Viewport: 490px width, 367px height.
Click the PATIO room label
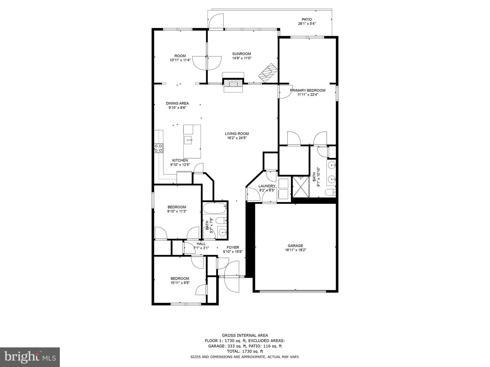click(x=307, y=19)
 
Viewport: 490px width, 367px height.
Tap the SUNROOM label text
click(x=242, y=54)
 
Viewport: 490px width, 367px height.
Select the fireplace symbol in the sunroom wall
click(x=233, y=83)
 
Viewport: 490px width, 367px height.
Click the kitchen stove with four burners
click(x=158, y=147)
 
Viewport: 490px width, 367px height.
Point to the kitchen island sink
click(x=188, y=139)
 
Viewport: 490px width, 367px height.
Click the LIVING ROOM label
click(x=237, y=134)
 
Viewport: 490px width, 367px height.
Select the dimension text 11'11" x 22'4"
click(x=308, y=95)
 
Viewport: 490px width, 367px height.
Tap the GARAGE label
click(x=295, y=246)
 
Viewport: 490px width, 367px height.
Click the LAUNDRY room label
click(x=267, y=186)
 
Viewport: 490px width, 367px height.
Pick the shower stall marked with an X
click(x=300, y=187)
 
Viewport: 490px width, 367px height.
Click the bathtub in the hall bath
click(x=215, y=207)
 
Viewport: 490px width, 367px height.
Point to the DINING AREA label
click(x=177, y=103)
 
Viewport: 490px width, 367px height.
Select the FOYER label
click(x=233, y=247)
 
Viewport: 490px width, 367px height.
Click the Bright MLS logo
click(x=30, y=357)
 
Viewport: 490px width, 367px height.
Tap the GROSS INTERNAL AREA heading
click(x=245, y=335)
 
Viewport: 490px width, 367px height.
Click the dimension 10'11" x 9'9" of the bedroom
click(x=180, y=282)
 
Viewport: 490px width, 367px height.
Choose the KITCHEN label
click(x=180, y=160)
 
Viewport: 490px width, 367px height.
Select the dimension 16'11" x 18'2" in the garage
click(x=295, y=250)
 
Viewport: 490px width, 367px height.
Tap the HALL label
click(x=201, y=244)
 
